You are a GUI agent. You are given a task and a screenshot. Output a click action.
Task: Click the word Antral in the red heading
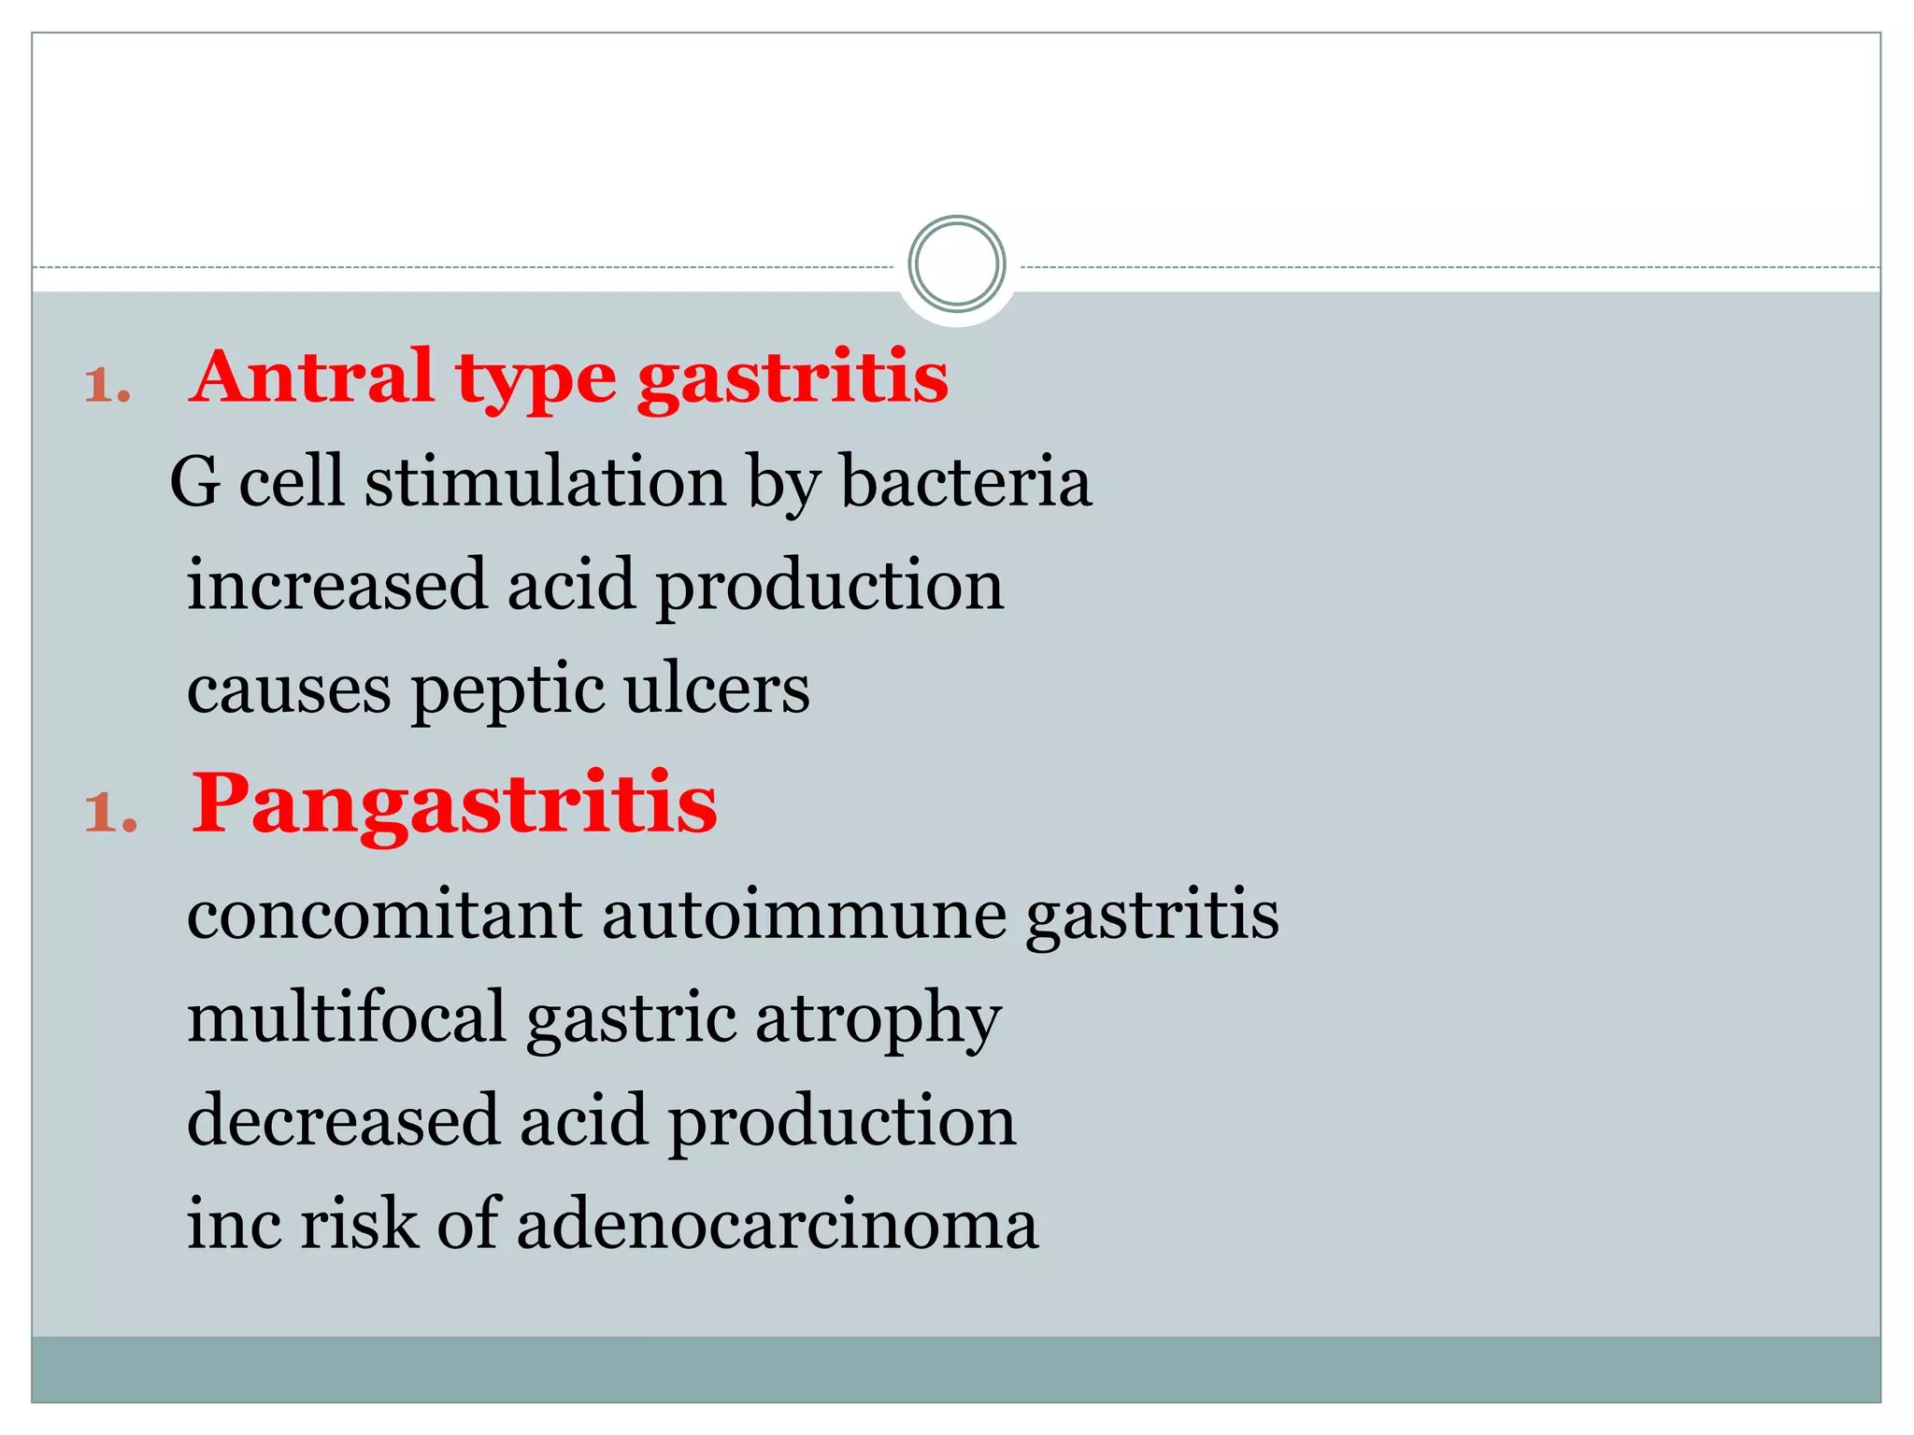click(x=311, y=377)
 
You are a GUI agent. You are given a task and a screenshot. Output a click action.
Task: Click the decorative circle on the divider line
click(x=956, y=263)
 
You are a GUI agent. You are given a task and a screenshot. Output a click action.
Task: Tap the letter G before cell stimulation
click(x=194, y=482)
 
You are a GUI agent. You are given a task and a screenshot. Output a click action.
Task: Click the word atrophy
click(x=878, y=1020)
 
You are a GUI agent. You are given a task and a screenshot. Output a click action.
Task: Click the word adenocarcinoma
click(x=777, y=1224)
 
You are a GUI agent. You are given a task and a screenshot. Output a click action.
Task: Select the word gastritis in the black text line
click(x=1151, y=917)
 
